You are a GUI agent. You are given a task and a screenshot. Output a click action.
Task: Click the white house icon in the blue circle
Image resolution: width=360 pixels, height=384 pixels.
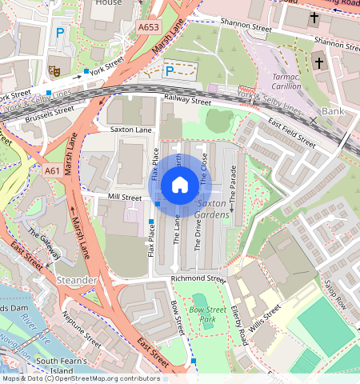(180, 186)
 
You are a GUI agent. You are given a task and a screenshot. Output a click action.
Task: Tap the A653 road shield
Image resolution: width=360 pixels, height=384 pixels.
(148, 27)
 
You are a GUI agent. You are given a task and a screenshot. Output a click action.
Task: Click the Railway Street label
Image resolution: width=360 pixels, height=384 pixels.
(187, 102)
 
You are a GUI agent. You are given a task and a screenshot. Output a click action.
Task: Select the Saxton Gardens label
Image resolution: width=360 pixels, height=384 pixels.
(213, 210)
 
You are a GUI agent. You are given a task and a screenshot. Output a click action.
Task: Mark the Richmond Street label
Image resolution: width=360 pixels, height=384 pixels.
(198, 279)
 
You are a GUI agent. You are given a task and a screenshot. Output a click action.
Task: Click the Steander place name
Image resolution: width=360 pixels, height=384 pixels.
(77, 281)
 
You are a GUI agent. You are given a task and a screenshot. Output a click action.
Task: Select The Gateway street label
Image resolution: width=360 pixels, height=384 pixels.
(44, 244)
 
